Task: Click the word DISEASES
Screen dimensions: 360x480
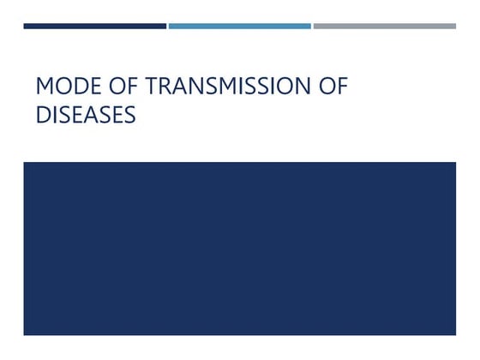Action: click(x=86, y=115)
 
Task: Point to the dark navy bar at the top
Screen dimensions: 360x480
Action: click(x=94, y=26)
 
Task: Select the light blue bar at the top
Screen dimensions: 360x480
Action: click(x=239, y=26)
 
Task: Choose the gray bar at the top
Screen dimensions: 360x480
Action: click(x=384, y=26)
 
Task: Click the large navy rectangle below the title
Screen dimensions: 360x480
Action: click(x=239, y=249)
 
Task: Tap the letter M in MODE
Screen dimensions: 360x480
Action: click(x=45, y=88)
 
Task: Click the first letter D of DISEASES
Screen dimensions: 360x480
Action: click(x=43, y=115)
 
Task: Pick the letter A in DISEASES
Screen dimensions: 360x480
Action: click(x=96, y=115)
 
